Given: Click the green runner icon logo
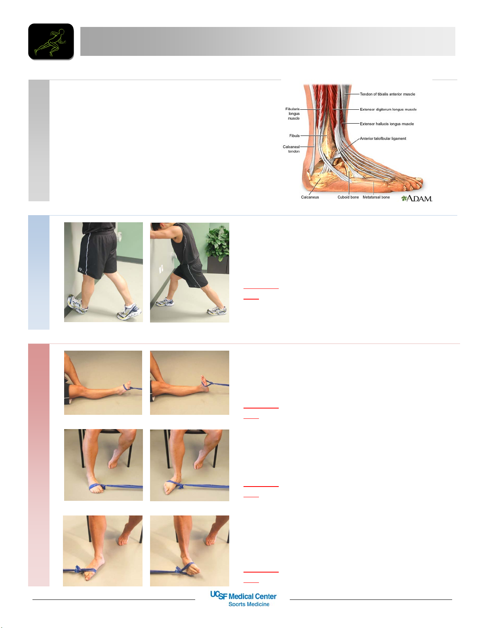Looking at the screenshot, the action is click(x=51, y=42).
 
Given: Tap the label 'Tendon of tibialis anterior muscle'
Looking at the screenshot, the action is click(x=388, y=94).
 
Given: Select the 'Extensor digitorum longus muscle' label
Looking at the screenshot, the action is click(x=388, y=109).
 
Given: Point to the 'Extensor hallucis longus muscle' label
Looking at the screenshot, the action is click(x=387, y=124).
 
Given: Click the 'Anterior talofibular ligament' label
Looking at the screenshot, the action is click(x=383, y=138).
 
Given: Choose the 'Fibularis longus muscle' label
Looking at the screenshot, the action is click(x=293, y=114).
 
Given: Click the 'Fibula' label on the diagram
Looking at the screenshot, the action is click(x=295, y=136).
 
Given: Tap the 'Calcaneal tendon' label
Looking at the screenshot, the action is click(x=291, y=149).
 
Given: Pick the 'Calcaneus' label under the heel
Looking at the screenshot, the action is click(x=310, y=197).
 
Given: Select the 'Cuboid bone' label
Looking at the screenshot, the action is click(x=348, y=197).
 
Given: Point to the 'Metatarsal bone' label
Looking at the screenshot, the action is click(x=376, y=197).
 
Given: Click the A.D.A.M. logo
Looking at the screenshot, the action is click(x=417, y=198).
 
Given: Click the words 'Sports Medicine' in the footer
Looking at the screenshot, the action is click(x=249, y=604).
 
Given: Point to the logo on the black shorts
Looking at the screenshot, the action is click(x=81, y=270).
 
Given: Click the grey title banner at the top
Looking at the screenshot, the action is click(x=268, y=41).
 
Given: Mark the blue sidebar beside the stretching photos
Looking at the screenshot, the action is click(x=39, y=273).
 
